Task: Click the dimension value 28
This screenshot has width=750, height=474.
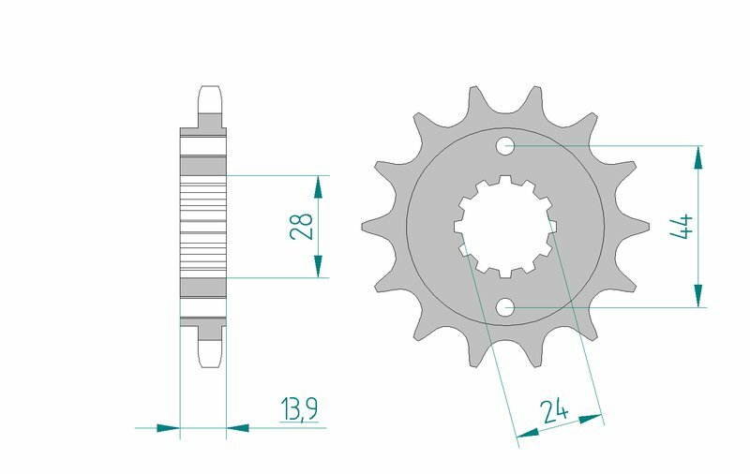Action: pos(302,226)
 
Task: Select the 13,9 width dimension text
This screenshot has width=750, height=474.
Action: pos(298,408)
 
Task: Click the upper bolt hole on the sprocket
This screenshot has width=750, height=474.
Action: pos(505,145)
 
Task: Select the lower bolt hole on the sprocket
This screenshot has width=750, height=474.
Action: pos(505,306)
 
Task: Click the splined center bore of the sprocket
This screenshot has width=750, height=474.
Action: pos(505,226)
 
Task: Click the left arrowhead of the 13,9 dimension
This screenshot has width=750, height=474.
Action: pos(168,428)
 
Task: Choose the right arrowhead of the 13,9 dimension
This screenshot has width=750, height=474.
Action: pos(238,428)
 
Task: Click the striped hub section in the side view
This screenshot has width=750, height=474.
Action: pos(202,226)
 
